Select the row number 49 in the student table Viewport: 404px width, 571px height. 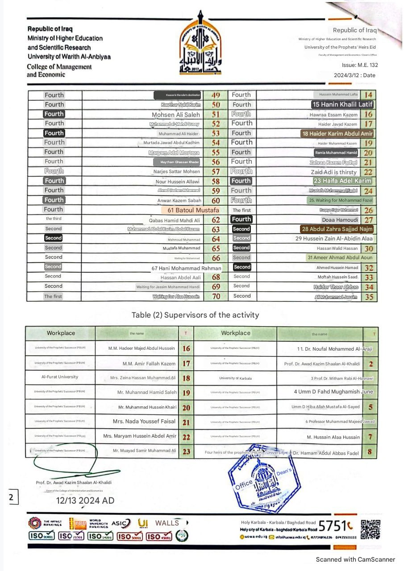(216, 95)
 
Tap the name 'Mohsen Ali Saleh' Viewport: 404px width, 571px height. (176, 115)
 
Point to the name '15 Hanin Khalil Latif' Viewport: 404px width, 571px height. (342, 104)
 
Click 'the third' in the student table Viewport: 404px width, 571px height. (54, 219)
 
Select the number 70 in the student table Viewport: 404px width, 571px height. (216, 296)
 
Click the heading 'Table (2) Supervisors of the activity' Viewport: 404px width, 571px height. (195, 315)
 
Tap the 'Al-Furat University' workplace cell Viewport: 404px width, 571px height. (60, 377)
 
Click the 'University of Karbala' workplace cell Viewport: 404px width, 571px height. (235, 378)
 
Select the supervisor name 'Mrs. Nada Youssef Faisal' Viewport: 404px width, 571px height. (144, 422)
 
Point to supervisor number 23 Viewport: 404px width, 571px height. (186, 451)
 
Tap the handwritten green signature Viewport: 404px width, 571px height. (71, 459)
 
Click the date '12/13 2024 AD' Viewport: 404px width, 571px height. (85, 501)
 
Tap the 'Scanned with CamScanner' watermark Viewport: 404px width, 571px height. (355, 559)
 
